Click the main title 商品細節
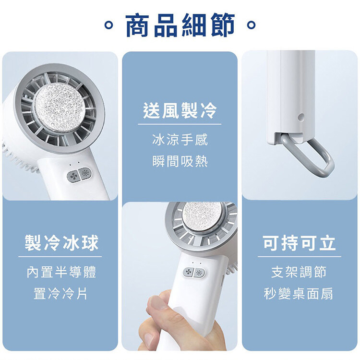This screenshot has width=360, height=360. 180,25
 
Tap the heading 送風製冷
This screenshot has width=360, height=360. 180,111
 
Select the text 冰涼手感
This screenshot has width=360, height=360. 180,140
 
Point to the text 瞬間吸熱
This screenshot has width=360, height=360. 180,161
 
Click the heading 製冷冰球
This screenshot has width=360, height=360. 61,243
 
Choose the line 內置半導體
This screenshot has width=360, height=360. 61,272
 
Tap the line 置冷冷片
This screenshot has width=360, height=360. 60,294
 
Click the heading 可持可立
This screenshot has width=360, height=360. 299,243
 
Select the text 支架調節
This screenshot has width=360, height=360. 299,272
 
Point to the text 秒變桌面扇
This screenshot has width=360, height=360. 299,294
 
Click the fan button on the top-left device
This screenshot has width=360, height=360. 73,176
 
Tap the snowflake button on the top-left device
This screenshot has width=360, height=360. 85,173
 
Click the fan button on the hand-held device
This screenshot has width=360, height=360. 189,272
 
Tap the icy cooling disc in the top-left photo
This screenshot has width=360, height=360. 60,107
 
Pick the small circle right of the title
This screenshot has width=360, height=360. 252,25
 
